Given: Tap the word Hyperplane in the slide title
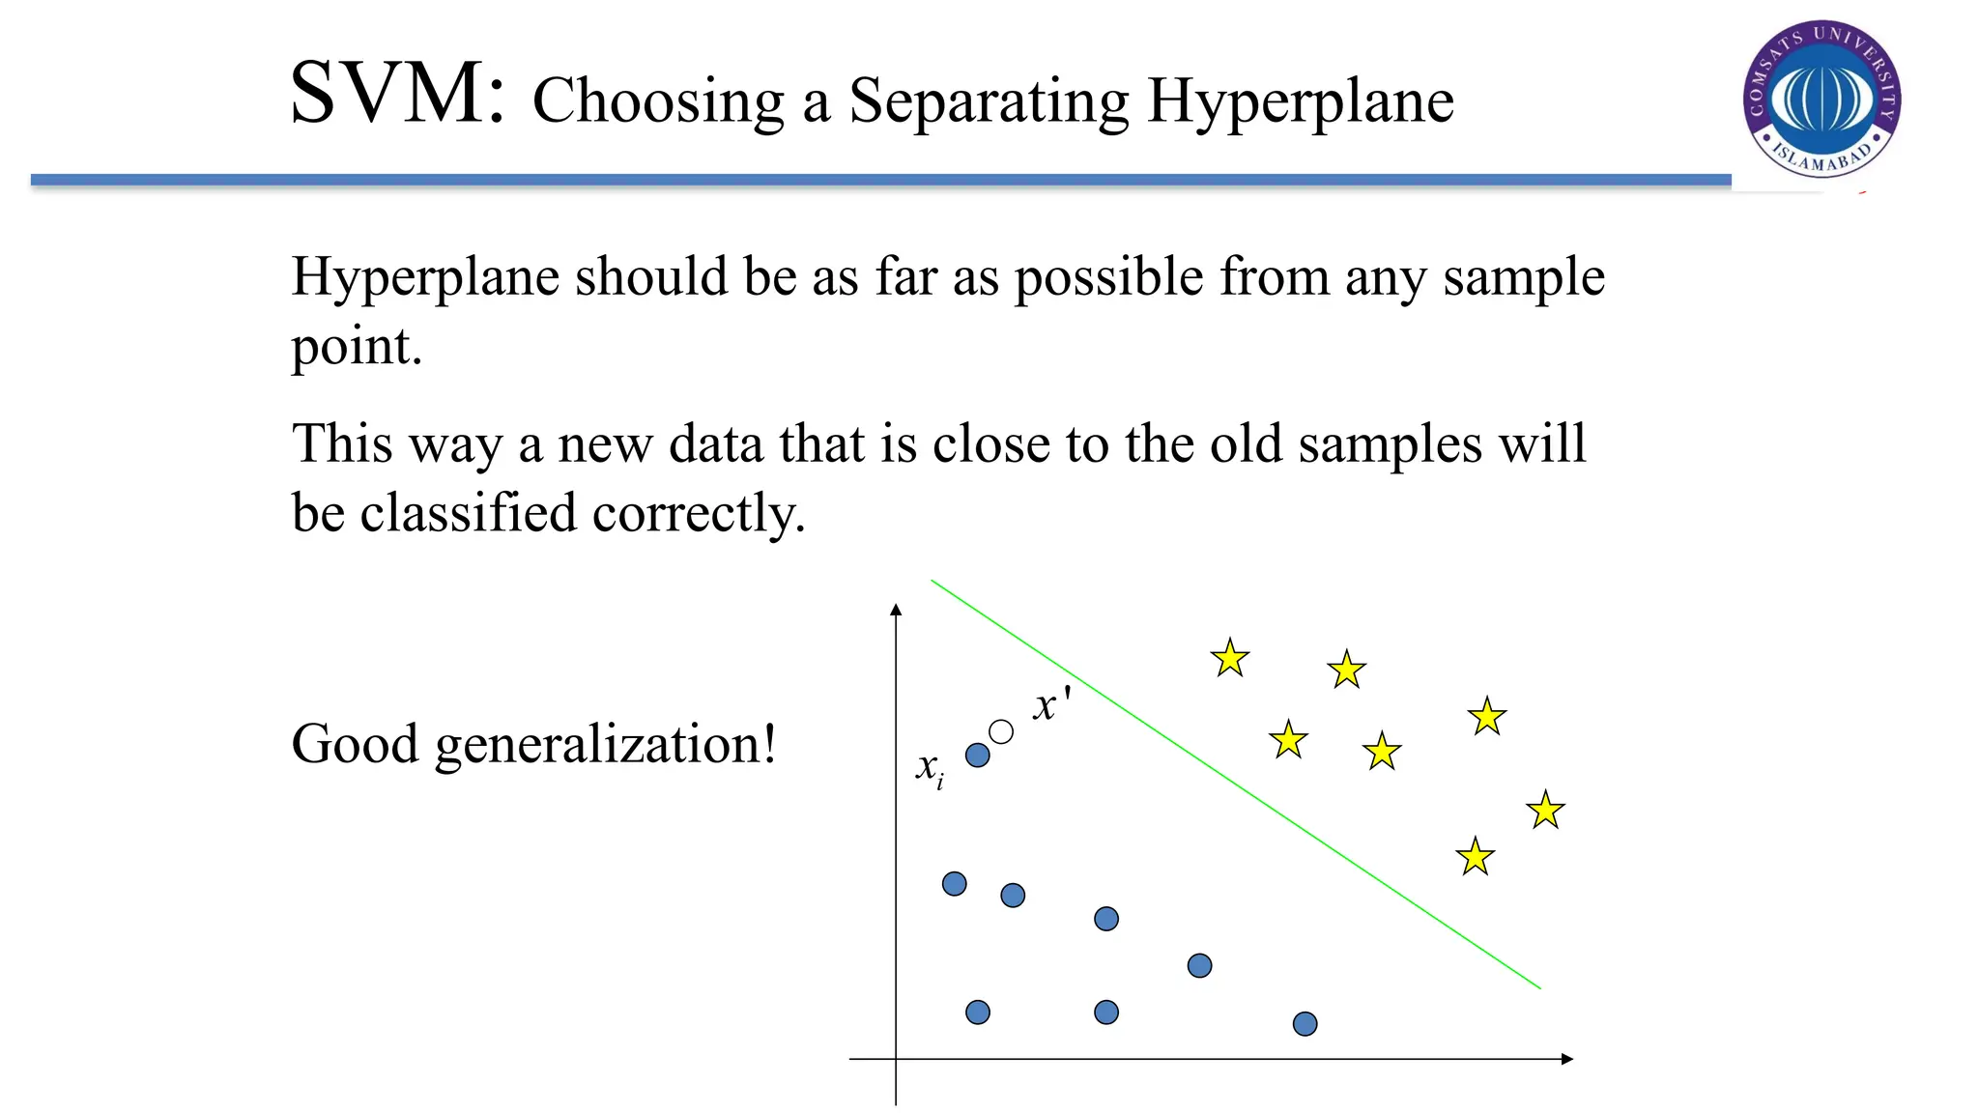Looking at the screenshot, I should tap(1300, 101).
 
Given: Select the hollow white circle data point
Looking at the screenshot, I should tap(1001, 732).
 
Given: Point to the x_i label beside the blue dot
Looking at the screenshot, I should tap(930, 769).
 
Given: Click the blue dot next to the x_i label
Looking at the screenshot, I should tap(978, 756).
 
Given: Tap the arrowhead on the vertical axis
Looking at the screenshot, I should tap(896, 610).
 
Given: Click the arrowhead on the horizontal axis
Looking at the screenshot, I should tap(1566, 1059).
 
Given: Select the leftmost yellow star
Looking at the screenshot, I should tap(1230, 658).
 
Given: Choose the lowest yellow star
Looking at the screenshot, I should tap(1476, 857).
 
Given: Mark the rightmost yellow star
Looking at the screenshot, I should tap(1546, 810).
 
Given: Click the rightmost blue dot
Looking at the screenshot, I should tap(1305, 1024).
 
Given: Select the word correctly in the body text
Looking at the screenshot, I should tap(699, 513).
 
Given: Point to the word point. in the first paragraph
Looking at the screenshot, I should tap(357, 347).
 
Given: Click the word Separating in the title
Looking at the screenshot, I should tap(989, 101).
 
